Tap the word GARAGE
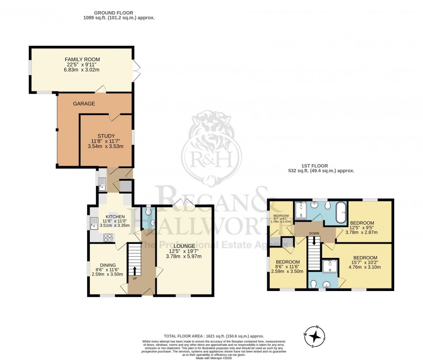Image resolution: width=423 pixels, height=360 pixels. [84, 104]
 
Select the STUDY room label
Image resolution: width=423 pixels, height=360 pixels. [106, 136]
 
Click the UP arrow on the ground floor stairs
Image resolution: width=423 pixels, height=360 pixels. [135, 271]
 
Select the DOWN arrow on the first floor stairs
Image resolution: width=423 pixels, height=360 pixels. [315, 241]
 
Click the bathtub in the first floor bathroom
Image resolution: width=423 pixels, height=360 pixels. [340, 213]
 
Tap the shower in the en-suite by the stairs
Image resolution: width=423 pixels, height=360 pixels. [330, 267]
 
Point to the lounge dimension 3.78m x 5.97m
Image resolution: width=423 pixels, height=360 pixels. [183, 257]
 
